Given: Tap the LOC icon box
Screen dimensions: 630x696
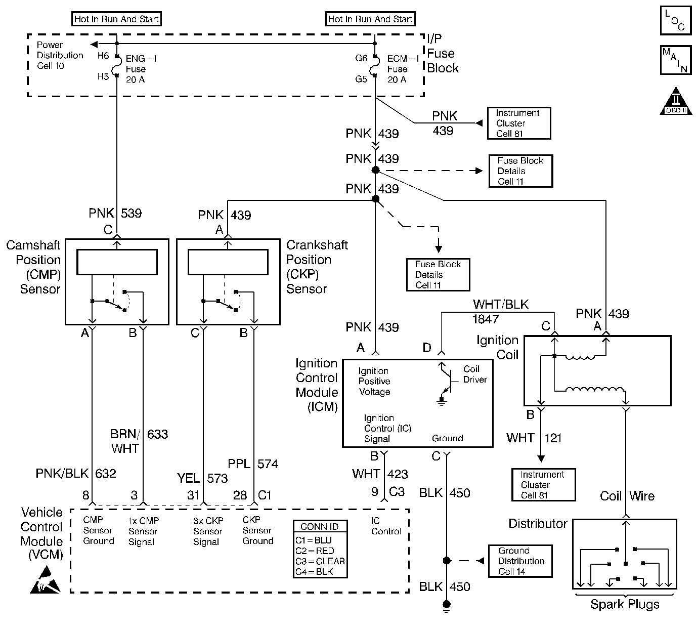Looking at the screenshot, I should tap(675, 21).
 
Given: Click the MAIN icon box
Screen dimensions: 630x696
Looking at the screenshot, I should tap(675, 60).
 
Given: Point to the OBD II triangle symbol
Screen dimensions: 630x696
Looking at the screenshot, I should tap(676, 101).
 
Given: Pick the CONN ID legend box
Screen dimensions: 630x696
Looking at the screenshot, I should tap(320, 549).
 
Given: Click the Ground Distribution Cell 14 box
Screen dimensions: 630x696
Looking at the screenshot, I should tap(520, 561).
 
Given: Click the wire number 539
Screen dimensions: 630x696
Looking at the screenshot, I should tap(131, 213).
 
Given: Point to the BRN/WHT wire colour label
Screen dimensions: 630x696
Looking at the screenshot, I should tap(124, 441).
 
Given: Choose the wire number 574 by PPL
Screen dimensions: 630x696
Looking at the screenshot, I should tap(268, 464).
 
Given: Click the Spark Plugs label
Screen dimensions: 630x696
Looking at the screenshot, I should tap(625, 604).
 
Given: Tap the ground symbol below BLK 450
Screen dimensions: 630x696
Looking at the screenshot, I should tap(446, 606).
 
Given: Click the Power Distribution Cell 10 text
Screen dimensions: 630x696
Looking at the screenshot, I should tap(60, 55).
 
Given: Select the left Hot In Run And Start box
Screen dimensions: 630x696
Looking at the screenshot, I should tap(117, 19).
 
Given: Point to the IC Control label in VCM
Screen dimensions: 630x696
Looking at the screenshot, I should tap(385, 526).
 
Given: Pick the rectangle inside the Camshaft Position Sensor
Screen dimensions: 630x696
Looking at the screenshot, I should tap(117, 262).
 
